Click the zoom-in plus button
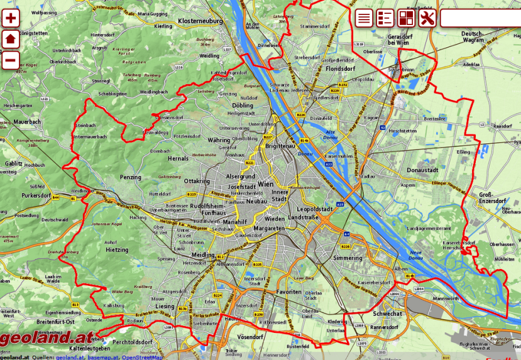click(x=11, y=18)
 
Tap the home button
click(x=11, y=40)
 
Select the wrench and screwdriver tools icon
click(x=427, y=18)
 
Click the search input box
click(x=481, y=18)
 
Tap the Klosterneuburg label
click(x=201, y=21)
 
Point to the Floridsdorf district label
click(x=341, y=68)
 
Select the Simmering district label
click(x=348, y=258)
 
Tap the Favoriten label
click(x=289, y=293)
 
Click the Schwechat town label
click(x=387, y=314)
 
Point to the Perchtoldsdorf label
click(x=133, y=342)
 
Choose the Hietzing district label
click(x=116, y=249)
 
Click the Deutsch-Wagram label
click(x=473, y=36)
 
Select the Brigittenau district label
click(x=280, y=145)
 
